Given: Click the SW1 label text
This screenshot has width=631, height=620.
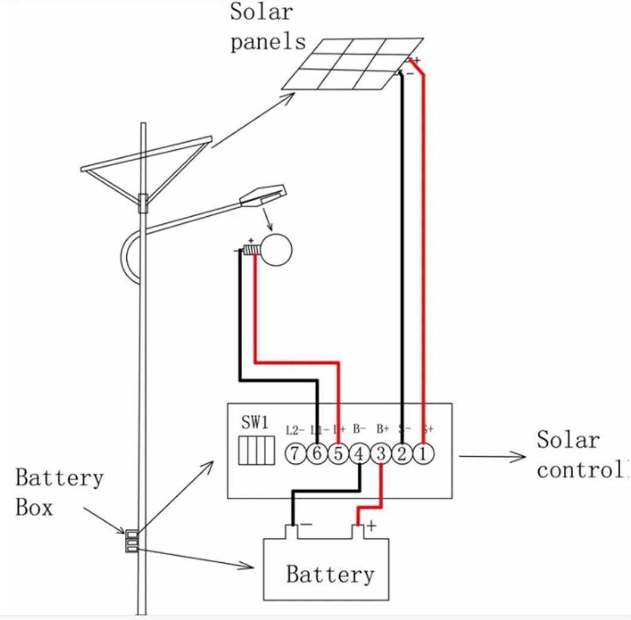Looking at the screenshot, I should [255, 423].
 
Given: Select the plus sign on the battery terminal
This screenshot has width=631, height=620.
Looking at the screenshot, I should [372, 526].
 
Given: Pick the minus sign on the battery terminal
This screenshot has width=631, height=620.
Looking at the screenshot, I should [307, 525].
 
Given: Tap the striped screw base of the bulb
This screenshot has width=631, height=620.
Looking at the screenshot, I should [250, 251].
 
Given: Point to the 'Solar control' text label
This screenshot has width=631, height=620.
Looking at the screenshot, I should [580, 454].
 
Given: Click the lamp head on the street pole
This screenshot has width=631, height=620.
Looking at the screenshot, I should [263, 197].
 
